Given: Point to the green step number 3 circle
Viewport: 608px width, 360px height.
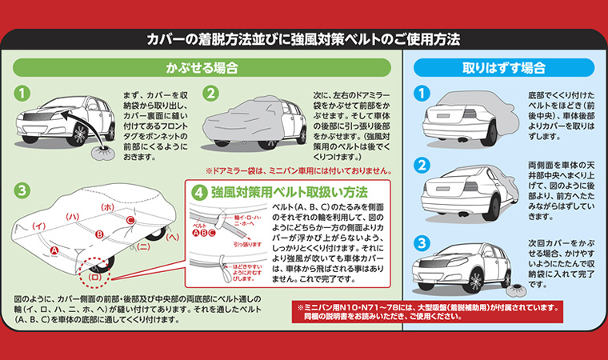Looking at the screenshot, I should [23, 191].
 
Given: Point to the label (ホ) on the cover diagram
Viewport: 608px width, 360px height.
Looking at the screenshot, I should [108, 207].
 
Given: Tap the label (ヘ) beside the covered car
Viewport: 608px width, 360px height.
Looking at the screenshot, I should [172, 238].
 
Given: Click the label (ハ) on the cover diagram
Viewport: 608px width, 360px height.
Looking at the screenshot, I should [71, 217].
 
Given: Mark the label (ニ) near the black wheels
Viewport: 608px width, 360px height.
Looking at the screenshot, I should [142, 246].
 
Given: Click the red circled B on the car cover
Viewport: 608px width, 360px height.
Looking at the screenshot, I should [100, 234].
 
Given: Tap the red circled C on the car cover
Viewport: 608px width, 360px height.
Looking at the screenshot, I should [130, 220].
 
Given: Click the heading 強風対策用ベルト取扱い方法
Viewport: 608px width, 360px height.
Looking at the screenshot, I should [289, 193].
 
